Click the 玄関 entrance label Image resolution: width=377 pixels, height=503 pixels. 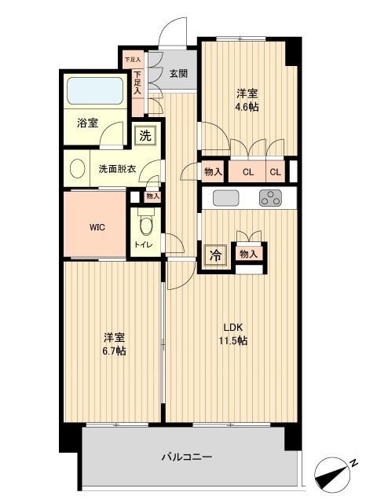click(x=178, y=74)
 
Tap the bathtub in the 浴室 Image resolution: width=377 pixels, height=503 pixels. click(x=94, y=93)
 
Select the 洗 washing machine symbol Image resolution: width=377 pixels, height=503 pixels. click(x=145, y=136)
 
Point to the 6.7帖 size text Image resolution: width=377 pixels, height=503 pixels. click(x=114, y=351)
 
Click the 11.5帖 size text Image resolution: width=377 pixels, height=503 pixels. click(x=233, y=341)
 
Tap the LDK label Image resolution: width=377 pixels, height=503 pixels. click(x=233, y=328)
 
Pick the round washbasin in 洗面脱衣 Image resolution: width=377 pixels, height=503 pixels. click(x=78, y=167)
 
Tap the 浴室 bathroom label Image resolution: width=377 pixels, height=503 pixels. click(x=87, y=123)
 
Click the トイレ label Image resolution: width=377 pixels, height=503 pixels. click(x=143, y=245)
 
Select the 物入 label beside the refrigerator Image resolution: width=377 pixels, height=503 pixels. click(x=249, y=255)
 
